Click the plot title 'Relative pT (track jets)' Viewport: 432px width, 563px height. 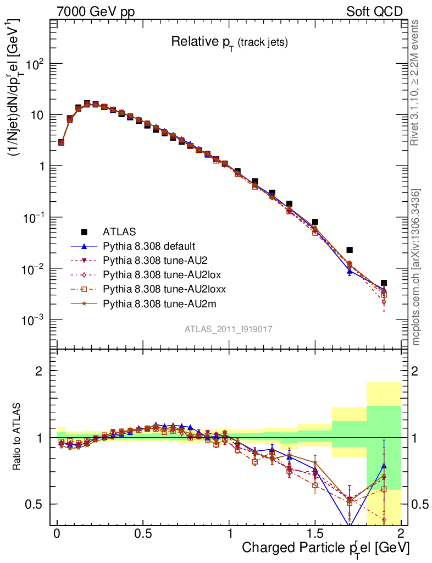tap(229, 42)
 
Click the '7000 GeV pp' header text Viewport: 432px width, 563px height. tap(96, 12)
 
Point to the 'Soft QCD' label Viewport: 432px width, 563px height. tap(374, 12)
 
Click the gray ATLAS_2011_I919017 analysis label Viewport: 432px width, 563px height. tap(229, 329)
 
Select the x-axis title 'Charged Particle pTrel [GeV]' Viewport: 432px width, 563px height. tap(325, 547)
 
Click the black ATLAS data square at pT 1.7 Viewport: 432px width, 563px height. tap(350, 250)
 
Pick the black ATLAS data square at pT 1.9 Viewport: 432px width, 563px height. tap(384, 283)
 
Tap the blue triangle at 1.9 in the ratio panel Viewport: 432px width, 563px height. tap(384, 466)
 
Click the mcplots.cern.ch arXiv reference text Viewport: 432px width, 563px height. tap(416, 267)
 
